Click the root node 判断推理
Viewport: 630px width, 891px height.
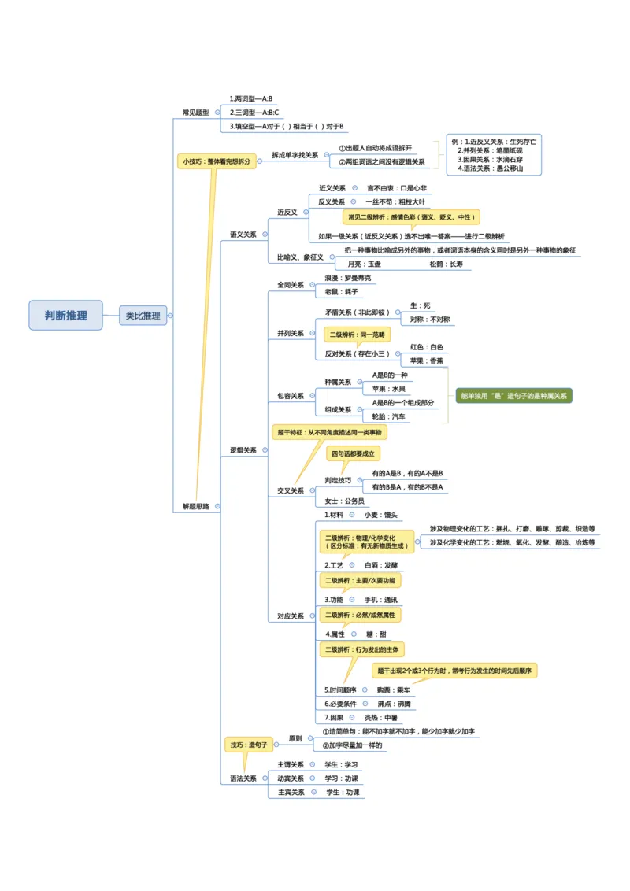[66, 315]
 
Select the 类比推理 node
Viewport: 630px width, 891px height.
[143, 316]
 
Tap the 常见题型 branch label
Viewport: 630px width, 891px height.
[196, 113]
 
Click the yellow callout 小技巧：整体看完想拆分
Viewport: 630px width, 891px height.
[217, 161]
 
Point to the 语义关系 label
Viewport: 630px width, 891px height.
[243, 235]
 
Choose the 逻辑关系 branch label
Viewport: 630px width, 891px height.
[243, 450]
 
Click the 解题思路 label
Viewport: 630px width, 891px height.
[196, 506]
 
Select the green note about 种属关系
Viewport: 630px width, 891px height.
[514, 396]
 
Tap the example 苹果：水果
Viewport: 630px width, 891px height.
[389, 389]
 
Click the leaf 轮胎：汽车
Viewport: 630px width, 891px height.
[389, 416]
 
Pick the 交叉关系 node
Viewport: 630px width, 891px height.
[291, 490]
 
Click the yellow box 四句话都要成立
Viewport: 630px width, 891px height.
[354, 453]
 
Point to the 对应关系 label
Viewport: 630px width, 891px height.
[291, 616]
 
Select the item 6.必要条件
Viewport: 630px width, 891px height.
[341, 703]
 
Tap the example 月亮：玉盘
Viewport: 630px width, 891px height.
[365, 264]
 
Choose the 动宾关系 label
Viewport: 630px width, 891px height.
[291, 778]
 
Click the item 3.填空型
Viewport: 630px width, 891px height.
[287, 126]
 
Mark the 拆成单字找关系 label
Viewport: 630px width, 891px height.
[295, 155]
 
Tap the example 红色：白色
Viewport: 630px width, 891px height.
[426, 347]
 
